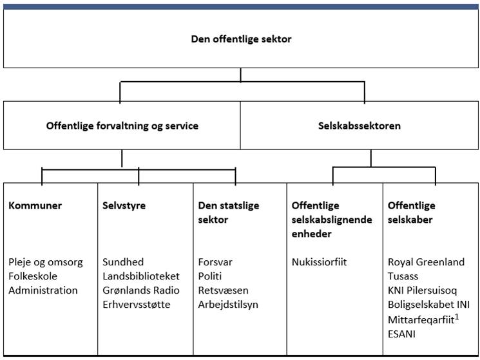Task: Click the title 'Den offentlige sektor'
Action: pyautogui.click(x=241, y=39)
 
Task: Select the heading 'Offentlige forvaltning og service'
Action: pyautogui.click(x=122, y=126)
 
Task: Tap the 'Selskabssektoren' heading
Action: pyautogui.click(x=360, y=126)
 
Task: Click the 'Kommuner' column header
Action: pyautogui.click(x=35, y=205)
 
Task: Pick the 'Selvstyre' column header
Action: pyautogui.click(x=124, y=205)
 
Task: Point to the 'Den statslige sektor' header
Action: pyautogui.click(x=228, y=213)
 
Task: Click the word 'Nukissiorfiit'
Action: pyautogui.click(x=320, y=262)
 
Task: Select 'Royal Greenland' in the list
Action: pyautogui.click(x=426, y=262)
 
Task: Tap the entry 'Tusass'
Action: pyautogui.click(x=403, y=276)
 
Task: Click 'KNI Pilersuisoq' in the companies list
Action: pyautogui.click(x=422, y=290)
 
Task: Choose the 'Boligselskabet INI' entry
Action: pyautogui.click(x=428, y=305)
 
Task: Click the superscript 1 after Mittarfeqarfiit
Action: pyautogui.click(x=457, y=317)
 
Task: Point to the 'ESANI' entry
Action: pyautogui.click(x=401, y=334)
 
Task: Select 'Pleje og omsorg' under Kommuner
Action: pyautogui.click(x=46, y=262)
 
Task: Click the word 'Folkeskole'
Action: pyautogui.click(x=33, y=276)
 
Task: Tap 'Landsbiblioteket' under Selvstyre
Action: pyautogui.click(x=141, y=276)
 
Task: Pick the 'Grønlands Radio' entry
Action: pyautogui.click(x=141, y=290)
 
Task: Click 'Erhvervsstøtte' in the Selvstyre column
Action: pyautogui.click(x=136, y=305)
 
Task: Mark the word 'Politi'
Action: pyautogui.click(x=209, y=276)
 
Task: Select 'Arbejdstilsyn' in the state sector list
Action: pyautogui.click(x=228, y=305)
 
